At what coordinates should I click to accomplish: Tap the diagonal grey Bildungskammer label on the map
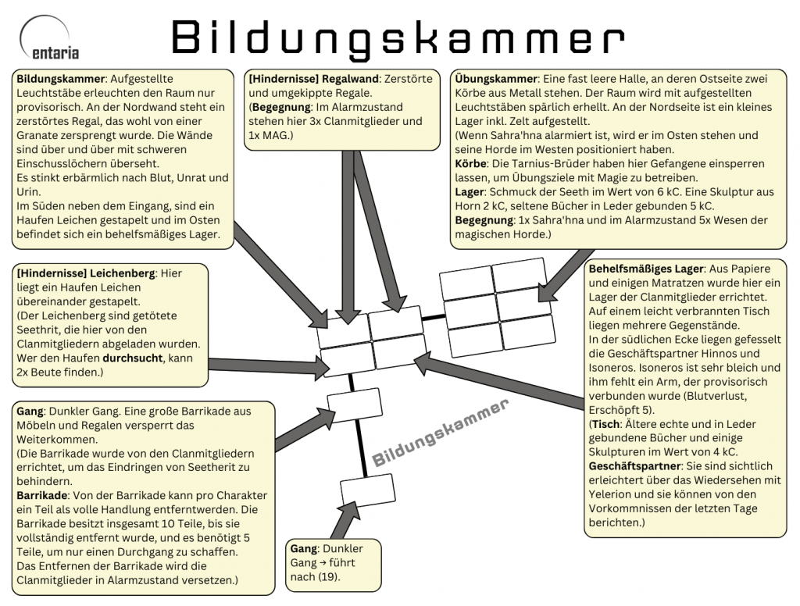pyautogui.click(x=441, y=434)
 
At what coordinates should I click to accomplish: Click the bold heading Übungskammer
pyautogui.click(x=495, y=79)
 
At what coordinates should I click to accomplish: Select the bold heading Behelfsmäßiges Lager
pyautogui.click(x=646, y=269)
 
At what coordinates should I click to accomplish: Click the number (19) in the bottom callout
pyautogui.click(x=328, y=577)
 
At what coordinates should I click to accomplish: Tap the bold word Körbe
pyautogui.click(x=470, y=164)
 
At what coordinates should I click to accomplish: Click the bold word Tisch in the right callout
pyautogui.click(x=609, y=423)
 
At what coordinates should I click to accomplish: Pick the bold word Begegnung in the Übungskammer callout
pyautogui.click(x=484, y=219)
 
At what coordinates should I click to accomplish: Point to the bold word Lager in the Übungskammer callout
pyautogui.click(x=470, y=191)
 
